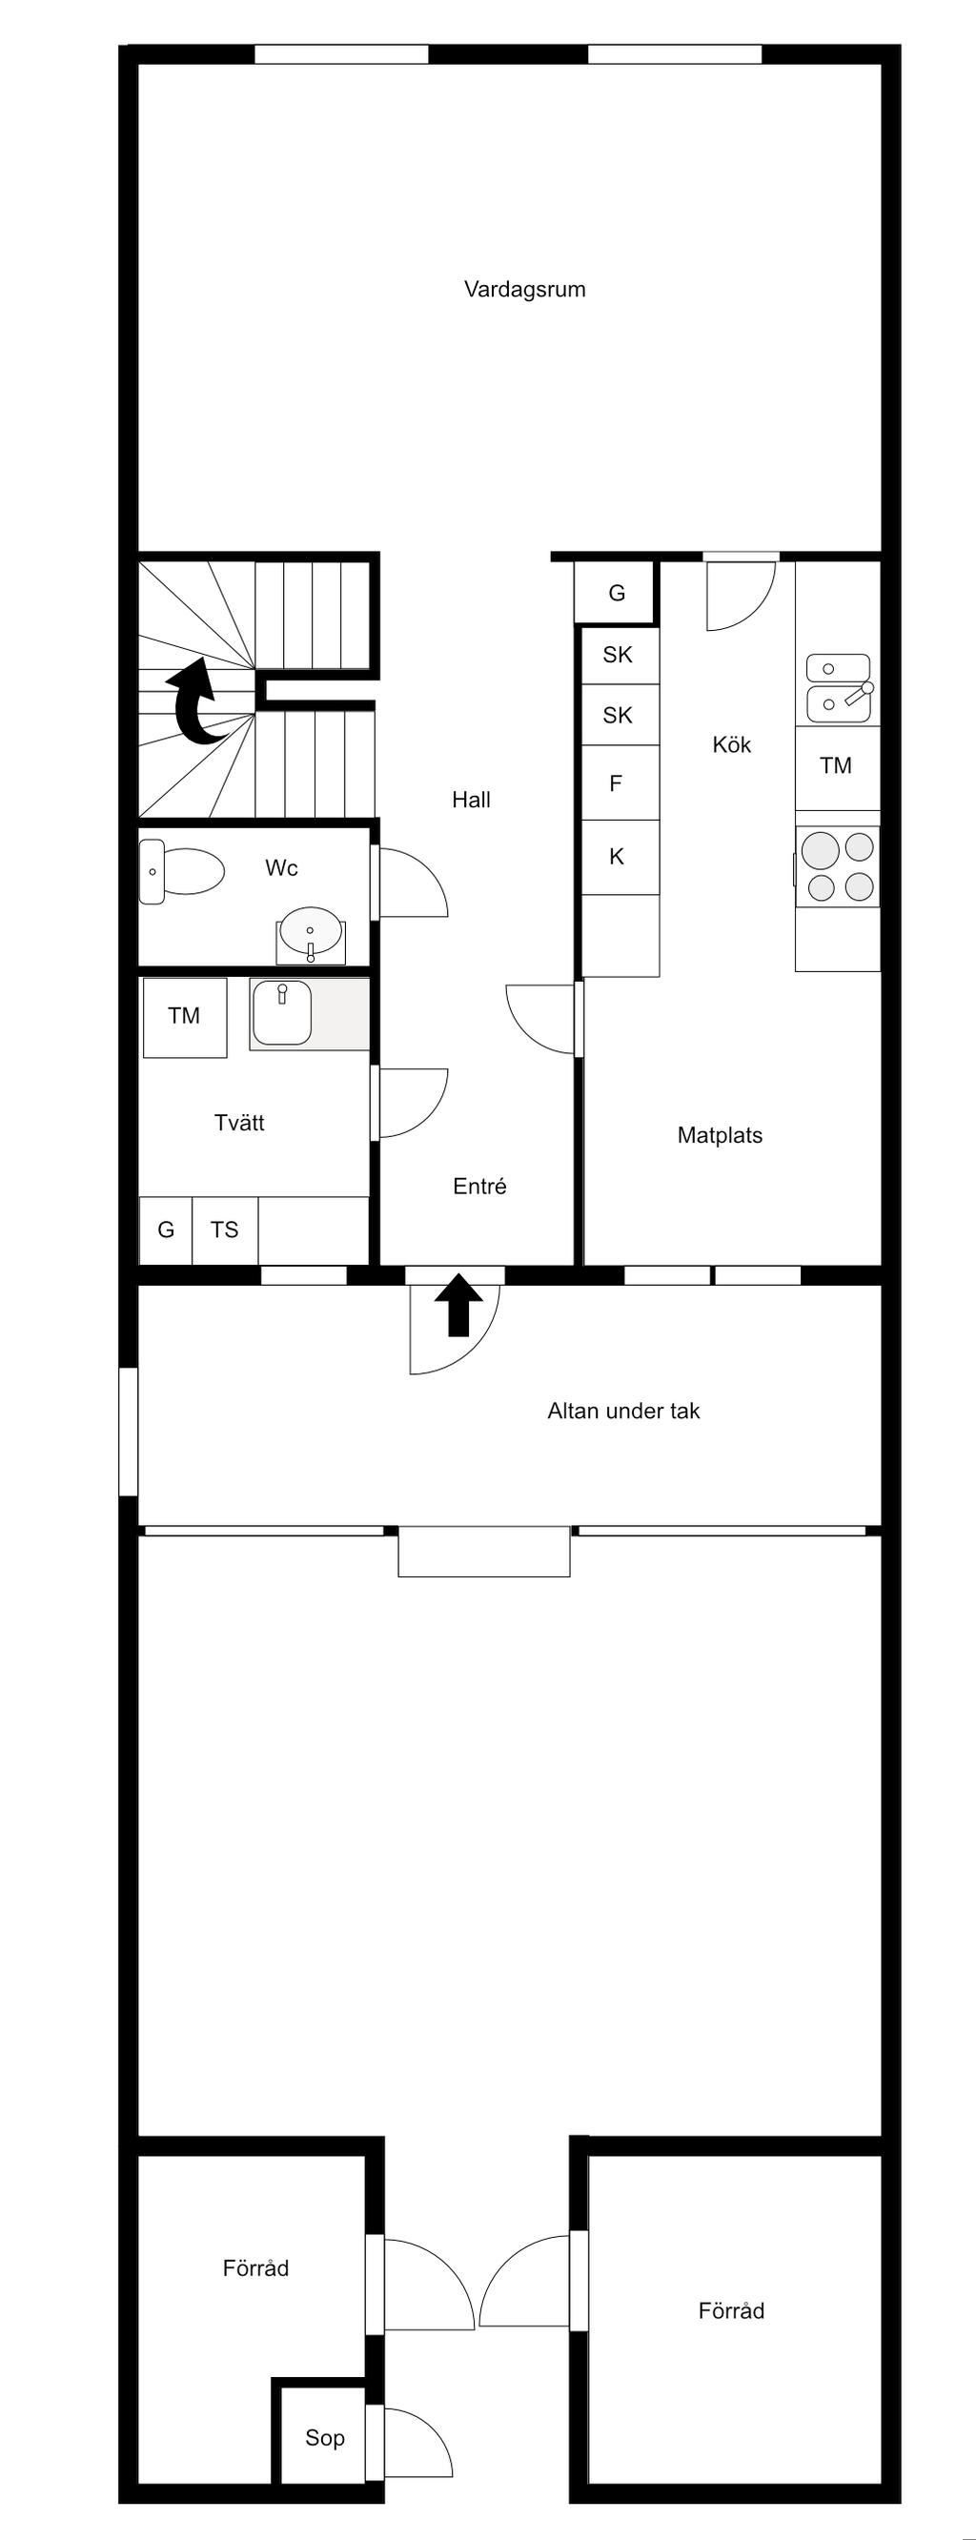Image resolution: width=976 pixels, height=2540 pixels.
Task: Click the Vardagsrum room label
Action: point(524,289)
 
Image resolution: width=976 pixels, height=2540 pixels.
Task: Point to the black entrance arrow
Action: point(458,1305)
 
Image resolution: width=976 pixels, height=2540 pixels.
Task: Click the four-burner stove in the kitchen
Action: point(837,866)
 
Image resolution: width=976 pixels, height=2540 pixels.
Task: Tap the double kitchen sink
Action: point(839,687)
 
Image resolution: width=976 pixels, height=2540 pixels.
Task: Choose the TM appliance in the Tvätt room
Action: point(184,1017)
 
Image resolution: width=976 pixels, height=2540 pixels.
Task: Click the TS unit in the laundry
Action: point(225,1229)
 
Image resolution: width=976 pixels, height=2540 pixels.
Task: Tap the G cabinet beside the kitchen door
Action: point(616,593)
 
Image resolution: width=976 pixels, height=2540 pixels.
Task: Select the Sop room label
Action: point(324,2437)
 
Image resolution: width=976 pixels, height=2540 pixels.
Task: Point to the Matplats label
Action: point(720,1135)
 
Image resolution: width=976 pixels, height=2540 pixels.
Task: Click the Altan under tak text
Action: point(623,1411)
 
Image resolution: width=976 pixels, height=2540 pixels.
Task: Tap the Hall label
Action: point(471,800)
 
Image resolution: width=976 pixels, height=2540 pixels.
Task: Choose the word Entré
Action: point(479,1187)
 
